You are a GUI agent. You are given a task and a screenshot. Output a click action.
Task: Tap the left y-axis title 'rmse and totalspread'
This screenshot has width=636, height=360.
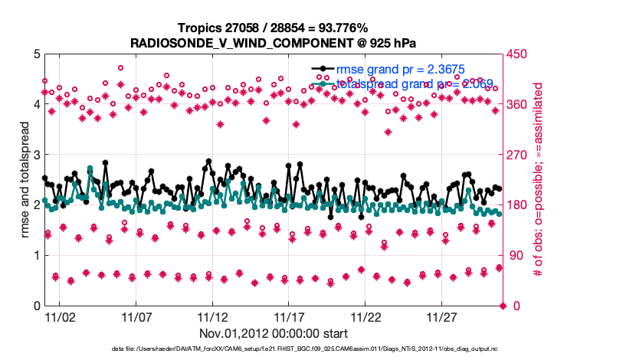(x=25, y=179)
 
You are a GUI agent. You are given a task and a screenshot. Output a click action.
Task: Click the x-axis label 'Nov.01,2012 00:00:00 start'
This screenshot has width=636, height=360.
(x=274, y=333)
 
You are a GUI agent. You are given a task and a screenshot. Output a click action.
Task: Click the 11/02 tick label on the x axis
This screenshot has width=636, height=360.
(x=60, y=316)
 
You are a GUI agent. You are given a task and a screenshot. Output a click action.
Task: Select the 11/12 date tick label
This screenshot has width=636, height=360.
(x=212, y=316)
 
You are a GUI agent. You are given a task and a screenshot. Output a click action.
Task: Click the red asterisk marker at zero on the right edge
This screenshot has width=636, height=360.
(x=503, y=306)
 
